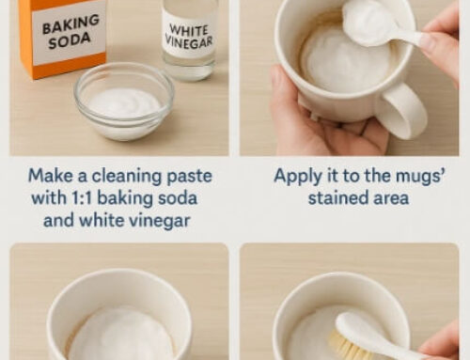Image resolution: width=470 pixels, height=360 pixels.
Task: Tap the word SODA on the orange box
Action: tap(70, 43)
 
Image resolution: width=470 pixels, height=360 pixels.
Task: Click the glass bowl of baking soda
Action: tap(124, 102)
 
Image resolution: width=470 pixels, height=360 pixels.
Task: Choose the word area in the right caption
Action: tap(388, 197)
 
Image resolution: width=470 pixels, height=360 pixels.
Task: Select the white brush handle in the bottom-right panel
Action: tap(385, 339)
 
